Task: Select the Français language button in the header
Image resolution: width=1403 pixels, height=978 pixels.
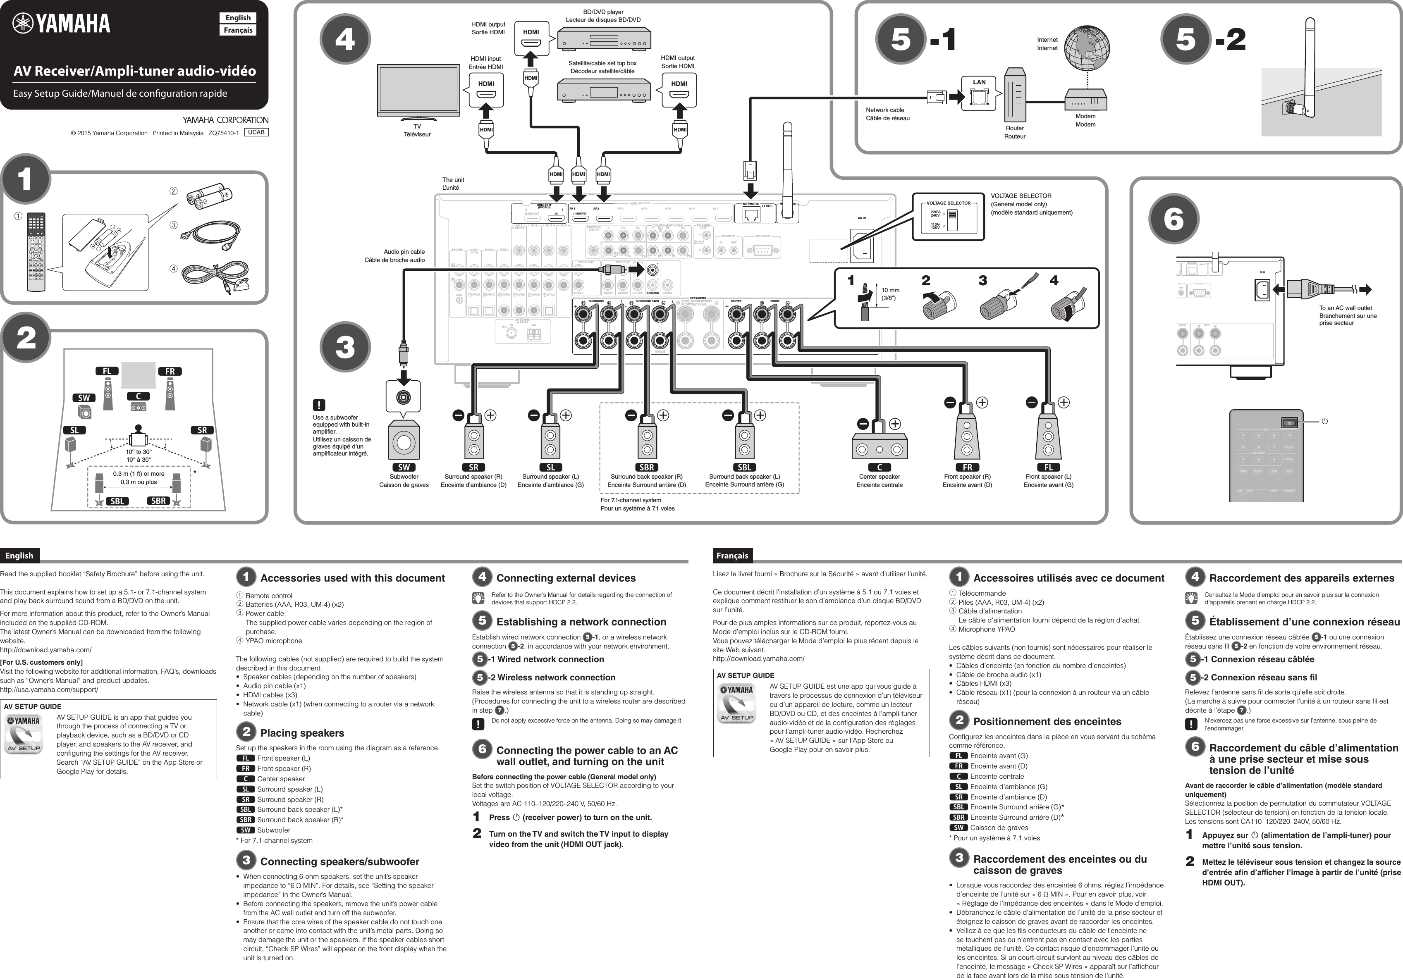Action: (x=238, y=30)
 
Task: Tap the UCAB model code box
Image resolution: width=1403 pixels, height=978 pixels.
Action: (x=256, y=132)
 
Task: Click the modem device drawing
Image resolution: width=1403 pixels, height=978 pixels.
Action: (x=1086, y=100)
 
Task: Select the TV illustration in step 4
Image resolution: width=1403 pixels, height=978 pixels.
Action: (x=417, y=92)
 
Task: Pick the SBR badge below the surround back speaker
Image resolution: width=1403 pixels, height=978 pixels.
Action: (x=646, y=468)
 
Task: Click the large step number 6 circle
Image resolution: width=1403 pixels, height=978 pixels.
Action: (x=1173, y=219)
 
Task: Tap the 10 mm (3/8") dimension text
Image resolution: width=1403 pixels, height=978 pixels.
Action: (x=890, y=294)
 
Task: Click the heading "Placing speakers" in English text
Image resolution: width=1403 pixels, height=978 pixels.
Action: (x=302, y=733)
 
